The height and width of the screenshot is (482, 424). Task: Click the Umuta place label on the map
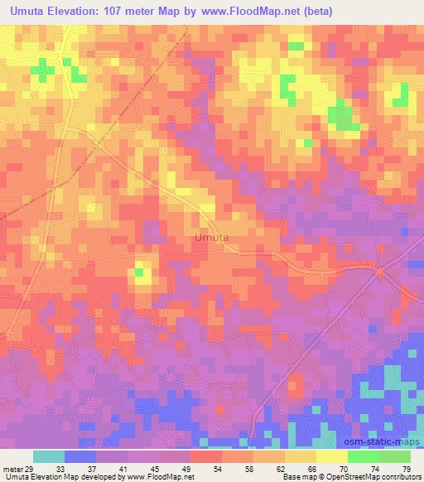[211, 238]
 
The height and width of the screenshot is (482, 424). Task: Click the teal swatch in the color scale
[49, 456]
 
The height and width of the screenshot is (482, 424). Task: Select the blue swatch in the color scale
[80, 456]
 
